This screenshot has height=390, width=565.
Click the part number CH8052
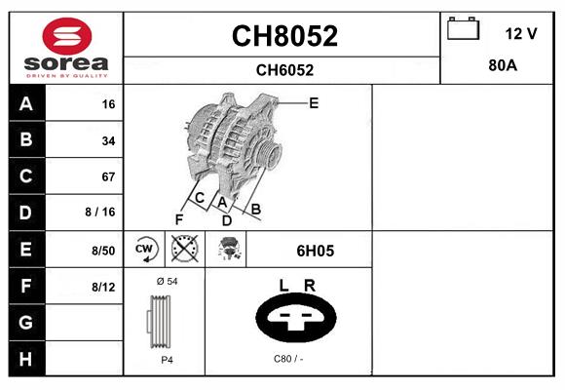(x=283, y=36)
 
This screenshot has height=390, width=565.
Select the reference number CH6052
(x=283, y=69)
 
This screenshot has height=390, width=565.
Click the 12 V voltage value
(x=521, y=33)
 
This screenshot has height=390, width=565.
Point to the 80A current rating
(x=502, y=65)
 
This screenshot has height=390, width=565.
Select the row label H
(x=26, y=358)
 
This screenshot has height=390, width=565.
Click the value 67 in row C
(x=108, y=176)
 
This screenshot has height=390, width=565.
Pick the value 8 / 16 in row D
(x=101, y=212)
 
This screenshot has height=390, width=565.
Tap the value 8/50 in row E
(x=103, y=250)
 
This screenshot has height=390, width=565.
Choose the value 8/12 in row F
(x=103, y=286)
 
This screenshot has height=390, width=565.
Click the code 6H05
(x=315, y=251)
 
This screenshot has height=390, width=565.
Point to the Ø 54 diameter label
(x=167, y=281)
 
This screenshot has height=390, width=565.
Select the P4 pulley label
(x=167, y=360)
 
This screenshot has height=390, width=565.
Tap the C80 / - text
(x=289, y=359)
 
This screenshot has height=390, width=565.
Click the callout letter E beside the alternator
(x=314, y=101)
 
